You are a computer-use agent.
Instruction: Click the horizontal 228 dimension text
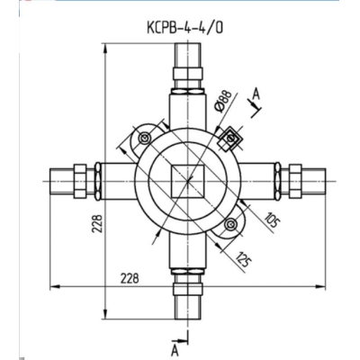point(130,279)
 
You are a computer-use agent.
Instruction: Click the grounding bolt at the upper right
point(231,137)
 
